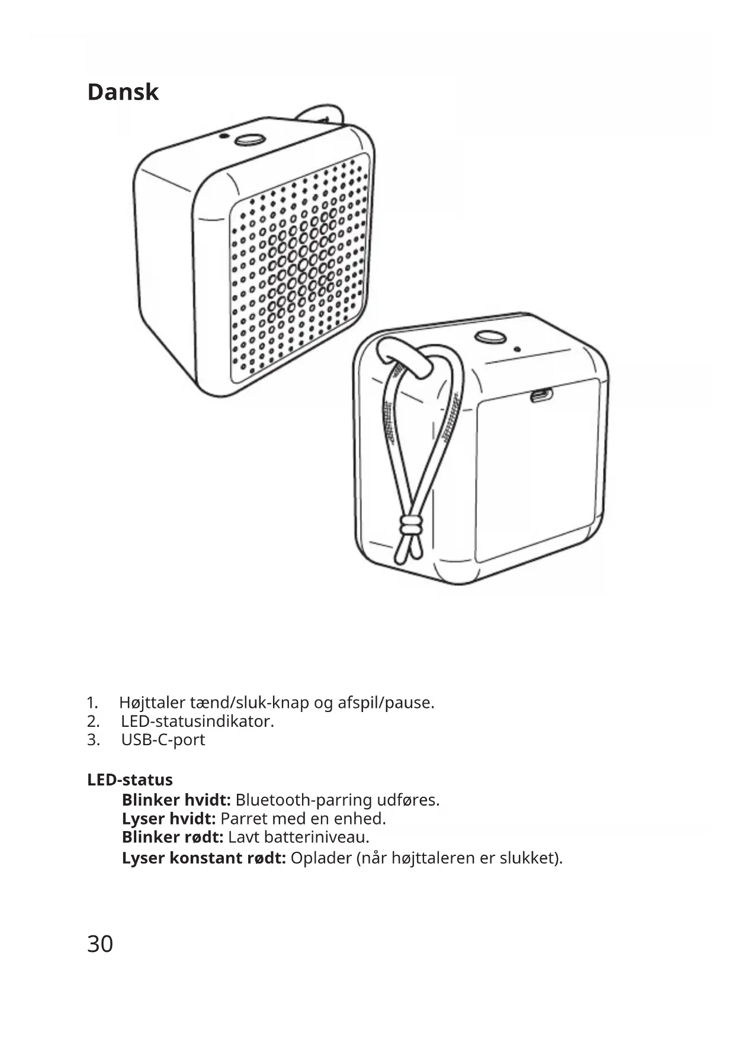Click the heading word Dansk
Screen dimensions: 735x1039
[x=123, y=92]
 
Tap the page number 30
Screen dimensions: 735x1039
[x=100, y=944]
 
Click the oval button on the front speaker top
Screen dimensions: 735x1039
[x=249, y=140]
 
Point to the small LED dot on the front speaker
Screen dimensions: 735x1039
[x=223, y=136]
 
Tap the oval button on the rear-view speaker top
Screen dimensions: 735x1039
[x=490, y=336]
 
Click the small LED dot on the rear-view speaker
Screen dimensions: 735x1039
[x=517, y=349]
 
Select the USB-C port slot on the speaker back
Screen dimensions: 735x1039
[x=540, y=395]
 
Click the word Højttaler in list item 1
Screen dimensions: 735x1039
[x=152, y=703]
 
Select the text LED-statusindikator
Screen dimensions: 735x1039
[x=197, y=721]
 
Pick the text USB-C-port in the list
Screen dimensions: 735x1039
[x=163, y=740]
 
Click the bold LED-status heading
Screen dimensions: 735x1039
[x=130, y=780]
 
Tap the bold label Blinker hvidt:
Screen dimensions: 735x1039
[x=176, y=800]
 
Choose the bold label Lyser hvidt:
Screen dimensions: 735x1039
[x=168, y=819]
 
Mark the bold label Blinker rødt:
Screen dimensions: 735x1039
[x=172, y=838]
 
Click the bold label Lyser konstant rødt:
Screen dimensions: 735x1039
[x=204, y=858]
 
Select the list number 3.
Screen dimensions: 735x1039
[x=92, y=740]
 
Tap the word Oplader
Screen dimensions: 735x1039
[x=321, y=858]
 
